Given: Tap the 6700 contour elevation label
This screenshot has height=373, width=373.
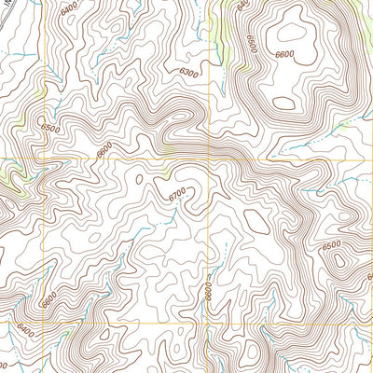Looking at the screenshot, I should pos(177,195).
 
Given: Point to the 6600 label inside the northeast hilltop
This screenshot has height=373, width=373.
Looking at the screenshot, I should pos(284,55).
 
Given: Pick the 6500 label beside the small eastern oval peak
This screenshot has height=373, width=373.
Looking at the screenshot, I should pos(331,245).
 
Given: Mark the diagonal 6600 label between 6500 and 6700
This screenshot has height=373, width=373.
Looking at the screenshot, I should pos(104,146).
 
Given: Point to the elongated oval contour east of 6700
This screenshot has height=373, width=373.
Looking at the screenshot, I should pos(256,221).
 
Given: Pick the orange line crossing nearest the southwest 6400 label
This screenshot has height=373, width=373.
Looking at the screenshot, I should pos(43,323).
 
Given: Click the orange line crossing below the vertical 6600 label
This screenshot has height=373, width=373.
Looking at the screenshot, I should pos(208,323).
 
